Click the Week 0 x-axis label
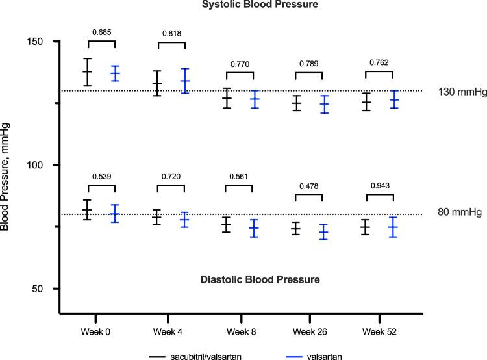(95, 331)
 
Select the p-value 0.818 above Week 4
(172, 33)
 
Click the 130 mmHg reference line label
(451, 91)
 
